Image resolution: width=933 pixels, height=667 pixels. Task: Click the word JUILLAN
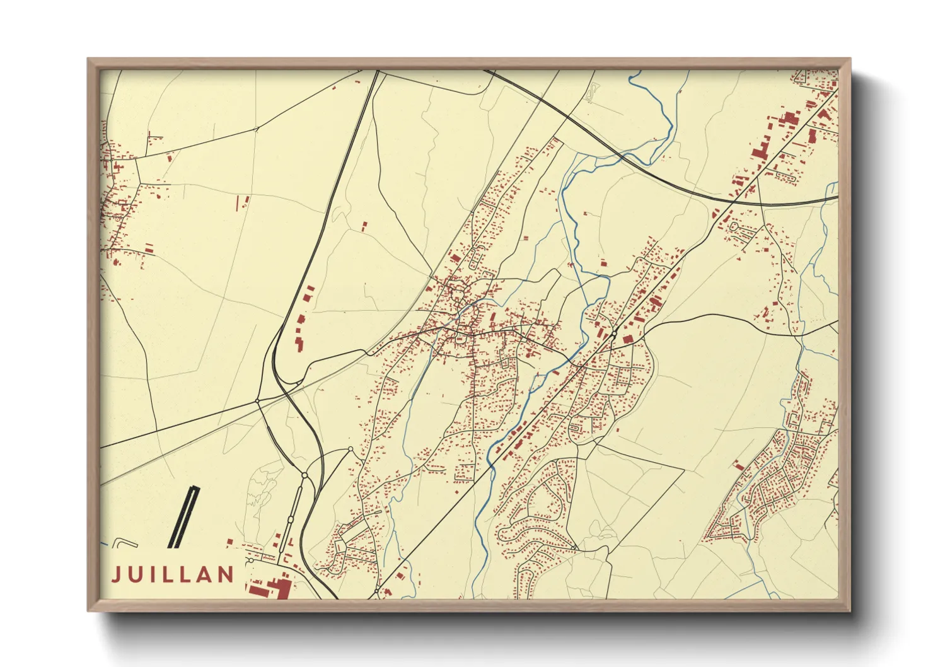[173, 574]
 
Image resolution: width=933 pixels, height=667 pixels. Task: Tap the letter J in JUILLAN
[116, 575]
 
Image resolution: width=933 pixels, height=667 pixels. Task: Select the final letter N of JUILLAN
[226, 574]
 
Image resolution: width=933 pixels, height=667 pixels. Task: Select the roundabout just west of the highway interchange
[258, 401]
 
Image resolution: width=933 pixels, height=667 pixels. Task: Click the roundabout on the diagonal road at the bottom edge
[377, 592]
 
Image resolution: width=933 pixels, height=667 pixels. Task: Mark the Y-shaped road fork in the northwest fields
[257, 129]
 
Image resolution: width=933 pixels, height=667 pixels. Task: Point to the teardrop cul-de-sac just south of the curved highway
[734, 226]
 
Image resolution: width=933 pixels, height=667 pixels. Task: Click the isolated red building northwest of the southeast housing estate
[738, 465]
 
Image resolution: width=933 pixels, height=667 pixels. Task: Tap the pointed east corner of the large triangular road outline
[685, 469]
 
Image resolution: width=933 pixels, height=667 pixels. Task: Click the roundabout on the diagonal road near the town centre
[613, 333]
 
